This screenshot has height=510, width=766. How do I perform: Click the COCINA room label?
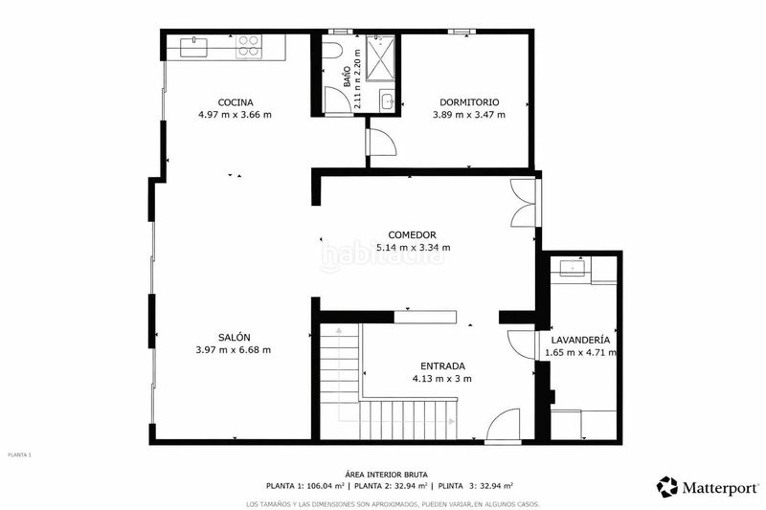235,102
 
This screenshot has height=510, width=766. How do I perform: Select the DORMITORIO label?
468,102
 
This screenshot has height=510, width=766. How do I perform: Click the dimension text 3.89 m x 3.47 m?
468,115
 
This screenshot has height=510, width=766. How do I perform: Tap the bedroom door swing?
383,142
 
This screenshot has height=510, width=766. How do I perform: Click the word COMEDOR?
413,234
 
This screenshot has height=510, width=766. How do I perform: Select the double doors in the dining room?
524,203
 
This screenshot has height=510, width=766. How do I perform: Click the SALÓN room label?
234,337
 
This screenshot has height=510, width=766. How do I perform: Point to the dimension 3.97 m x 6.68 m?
234,349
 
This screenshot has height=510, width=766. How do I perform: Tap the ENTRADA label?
442,366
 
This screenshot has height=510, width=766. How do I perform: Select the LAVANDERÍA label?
581,340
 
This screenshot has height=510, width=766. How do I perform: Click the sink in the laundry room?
573,268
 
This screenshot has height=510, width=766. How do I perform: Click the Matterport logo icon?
667,486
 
